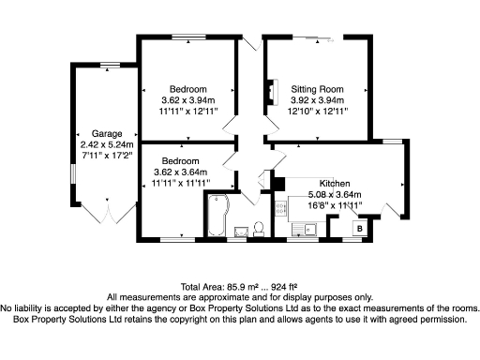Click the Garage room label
[107, 134]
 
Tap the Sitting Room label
[317, 89]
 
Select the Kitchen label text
[335, 184]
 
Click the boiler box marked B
[360, 228]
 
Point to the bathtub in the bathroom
[218, 215]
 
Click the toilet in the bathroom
[259, 229]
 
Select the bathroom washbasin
[241, 232]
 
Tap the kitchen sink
[304, 230]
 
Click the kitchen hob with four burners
[281, 208]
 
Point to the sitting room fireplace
[273, 92]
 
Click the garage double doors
[109, 213]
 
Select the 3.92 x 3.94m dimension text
[317, 100]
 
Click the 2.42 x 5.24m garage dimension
[107, 144]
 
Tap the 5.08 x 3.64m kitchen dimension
[335, 195]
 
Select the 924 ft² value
[284, 287]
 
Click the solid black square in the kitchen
[279, 184]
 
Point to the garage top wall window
[110, 65]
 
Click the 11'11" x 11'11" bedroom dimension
[181, 183]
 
